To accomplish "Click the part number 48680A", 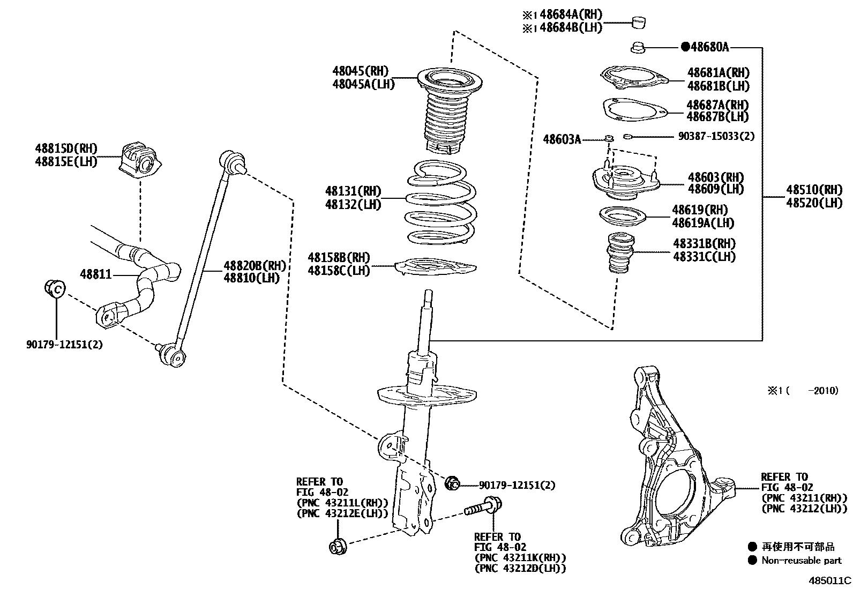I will point(709,47).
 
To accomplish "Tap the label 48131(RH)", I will point(353,191).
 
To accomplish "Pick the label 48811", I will point(96,274).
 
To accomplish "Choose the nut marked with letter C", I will point(54,288).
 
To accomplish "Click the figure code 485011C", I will point(830,580).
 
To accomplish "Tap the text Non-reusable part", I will point(802,561).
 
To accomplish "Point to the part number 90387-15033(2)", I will point(716,137).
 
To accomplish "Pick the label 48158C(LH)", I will point(339,271).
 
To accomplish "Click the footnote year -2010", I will point(825,391).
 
